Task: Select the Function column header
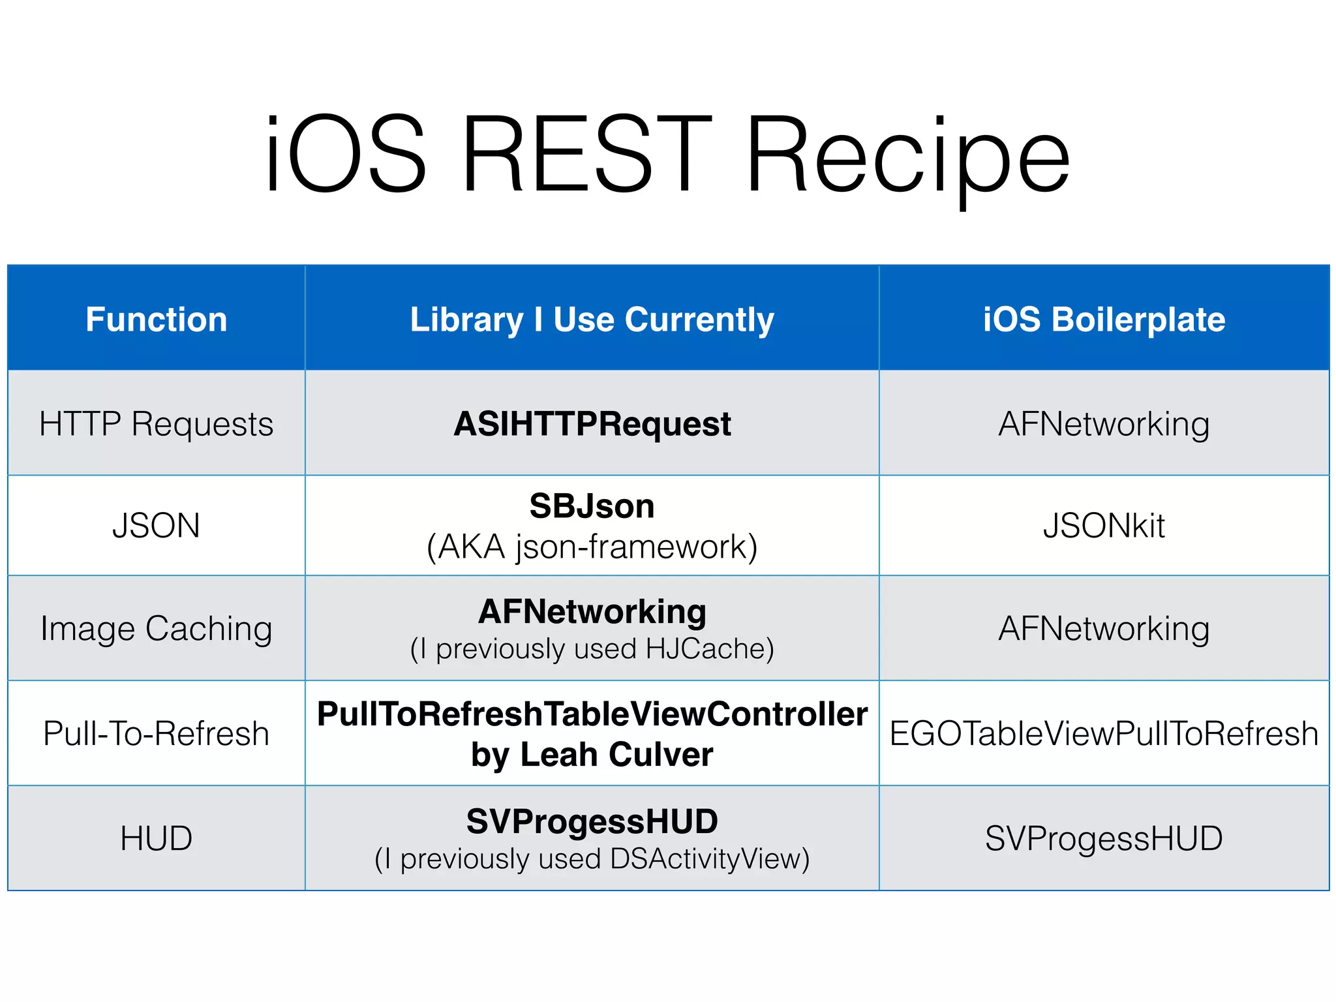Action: coord(157,320)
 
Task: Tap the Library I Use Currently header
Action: coord(592,320)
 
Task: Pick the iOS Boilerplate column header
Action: coord(1104,320)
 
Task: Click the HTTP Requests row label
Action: coord(157,424)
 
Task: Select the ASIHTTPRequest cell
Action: coord(592,424)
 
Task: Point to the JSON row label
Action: coord(157,526)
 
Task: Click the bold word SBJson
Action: coord(592,506)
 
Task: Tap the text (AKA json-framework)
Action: coord(592,547)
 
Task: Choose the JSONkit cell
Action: coord(1104,526)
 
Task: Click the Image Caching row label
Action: coord(157,629)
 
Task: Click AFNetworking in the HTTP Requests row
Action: coord(1104,424)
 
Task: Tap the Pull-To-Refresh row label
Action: coord(157,733)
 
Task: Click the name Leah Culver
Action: coord(616,755)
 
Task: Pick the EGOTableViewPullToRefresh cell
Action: coord(1104,733)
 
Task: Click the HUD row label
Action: coord(157,839)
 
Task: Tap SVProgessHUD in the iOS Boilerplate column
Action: coord(1104,839)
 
